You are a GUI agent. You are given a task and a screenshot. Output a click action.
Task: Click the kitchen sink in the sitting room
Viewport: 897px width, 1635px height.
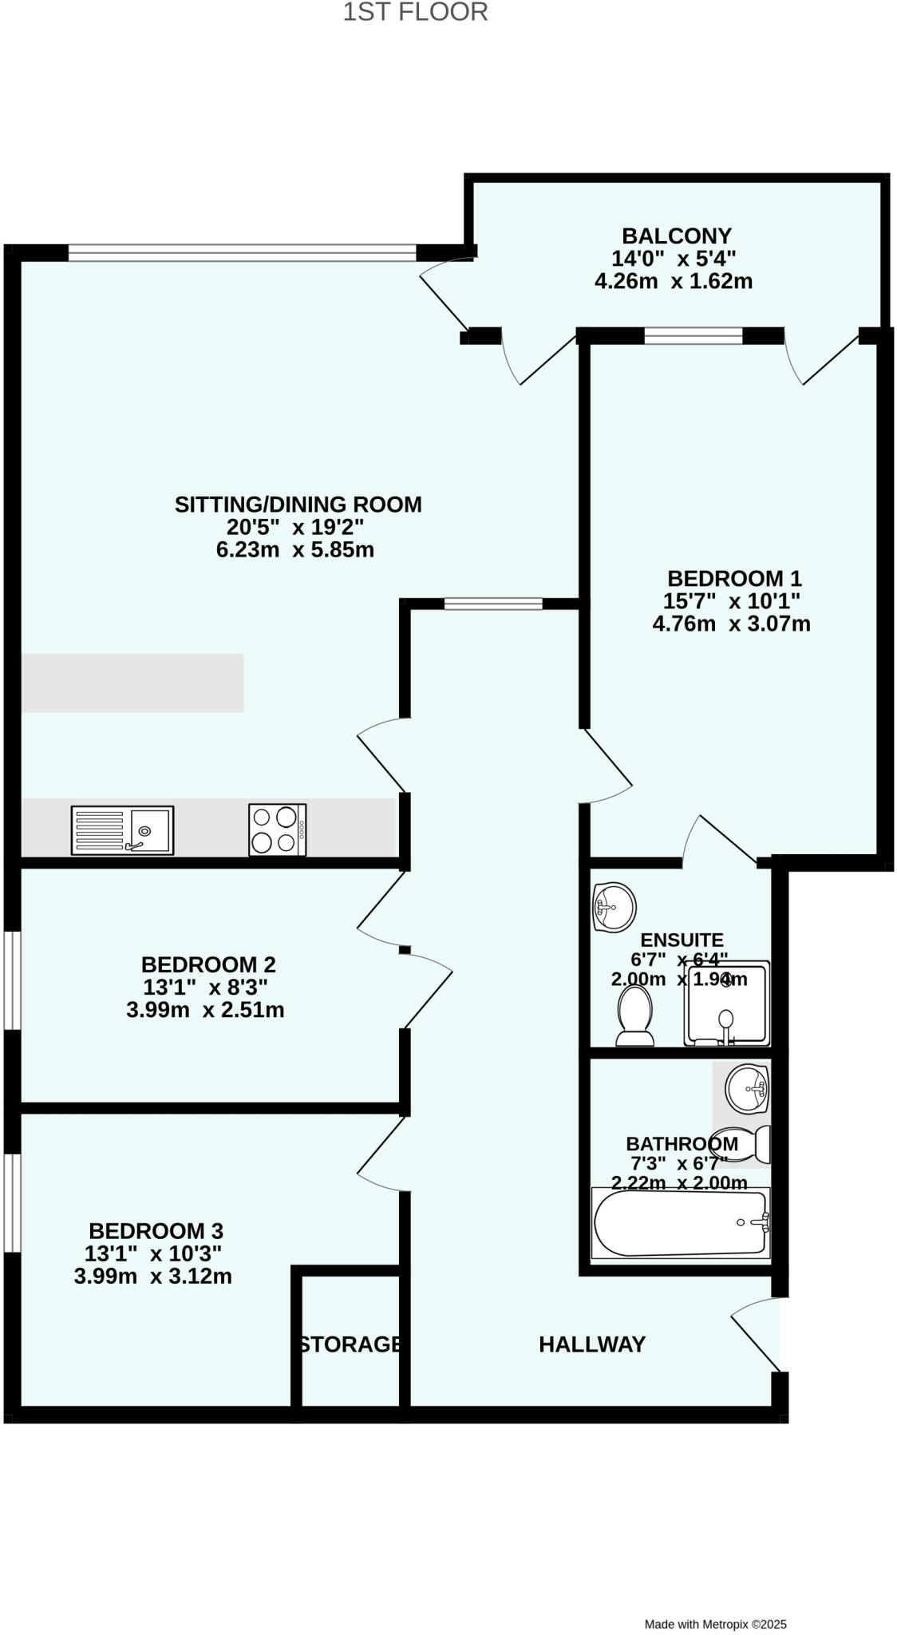(122, 830)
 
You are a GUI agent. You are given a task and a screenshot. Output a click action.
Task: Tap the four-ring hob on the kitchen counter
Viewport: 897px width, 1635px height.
(277, 830)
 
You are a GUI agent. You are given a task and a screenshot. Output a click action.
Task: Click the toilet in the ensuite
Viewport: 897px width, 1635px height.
(635, 1015)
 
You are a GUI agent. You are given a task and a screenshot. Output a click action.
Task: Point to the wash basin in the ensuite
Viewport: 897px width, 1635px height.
(614, 907)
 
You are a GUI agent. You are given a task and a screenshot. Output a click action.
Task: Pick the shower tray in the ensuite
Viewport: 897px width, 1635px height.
(727, 1004)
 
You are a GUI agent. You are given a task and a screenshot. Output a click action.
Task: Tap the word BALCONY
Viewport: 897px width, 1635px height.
(676, 236)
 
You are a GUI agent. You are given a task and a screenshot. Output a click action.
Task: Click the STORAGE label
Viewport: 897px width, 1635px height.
(350, 1344)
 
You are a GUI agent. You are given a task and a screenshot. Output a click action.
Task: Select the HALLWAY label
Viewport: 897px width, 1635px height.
(592, 1344)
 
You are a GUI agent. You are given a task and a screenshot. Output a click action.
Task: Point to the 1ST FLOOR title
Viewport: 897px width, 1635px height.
(415, 13)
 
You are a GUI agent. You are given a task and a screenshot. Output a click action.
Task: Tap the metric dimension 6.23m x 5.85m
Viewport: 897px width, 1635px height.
(295, 550)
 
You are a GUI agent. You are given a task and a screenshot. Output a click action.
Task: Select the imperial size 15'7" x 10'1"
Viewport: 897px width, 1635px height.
(731, 601)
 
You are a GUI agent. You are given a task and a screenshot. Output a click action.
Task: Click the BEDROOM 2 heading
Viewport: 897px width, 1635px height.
(208, 964)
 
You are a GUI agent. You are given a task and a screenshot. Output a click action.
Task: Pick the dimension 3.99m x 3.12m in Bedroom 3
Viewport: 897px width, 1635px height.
(153, 1277)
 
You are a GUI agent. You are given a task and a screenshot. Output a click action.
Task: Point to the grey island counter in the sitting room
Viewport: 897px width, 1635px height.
(132, 683)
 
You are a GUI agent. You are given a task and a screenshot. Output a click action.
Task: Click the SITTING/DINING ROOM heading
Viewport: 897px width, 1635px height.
(298, 505)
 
